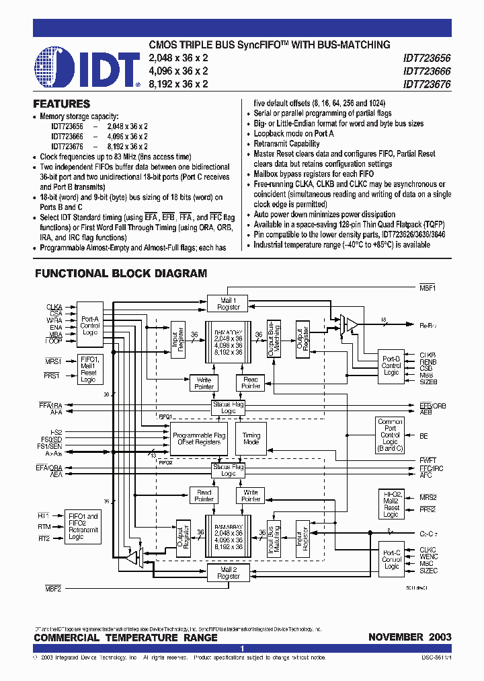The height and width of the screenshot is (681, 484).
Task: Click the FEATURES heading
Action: [62, 104]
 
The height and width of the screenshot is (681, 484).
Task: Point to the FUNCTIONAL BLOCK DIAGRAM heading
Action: [121, 274]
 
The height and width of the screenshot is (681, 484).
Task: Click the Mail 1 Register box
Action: [229, 303]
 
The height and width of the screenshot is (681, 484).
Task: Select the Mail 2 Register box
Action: [229, 573]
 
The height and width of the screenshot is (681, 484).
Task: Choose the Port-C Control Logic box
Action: [391, 559]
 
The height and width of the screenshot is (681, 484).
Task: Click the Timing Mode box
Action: [251, 439]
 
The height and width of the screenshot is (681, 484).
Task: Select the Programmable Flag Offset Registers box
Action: [199, 439]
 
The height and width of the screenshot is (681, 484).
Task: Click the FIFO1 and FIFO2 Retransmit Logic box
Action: [83, 526]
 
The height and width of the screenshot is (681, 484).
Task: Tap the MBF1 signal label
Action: [429, 289]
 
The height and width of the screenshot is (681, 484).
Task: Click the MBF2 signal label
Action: [54, 589]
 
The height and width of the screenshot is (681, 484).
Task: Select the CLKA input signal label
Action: [54, 306]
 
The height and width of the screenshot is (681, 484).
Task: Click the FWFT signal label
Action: [428, 461]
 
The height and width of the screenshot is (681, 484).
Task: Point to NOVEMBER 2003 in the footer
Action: [409, 637]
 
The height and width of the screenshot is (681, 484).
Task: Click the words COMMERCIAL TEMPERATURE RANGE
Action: [126, 637]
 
